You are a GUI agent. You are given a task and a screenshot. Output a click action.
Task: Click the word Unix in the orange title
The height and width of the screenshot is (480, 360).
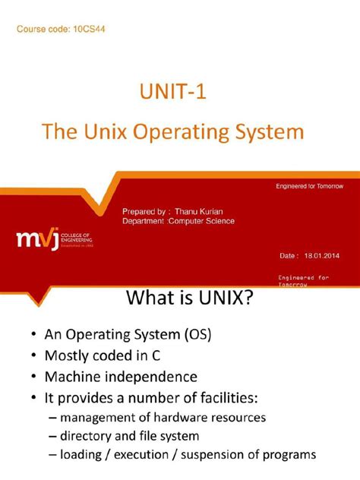pos(106,133)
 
